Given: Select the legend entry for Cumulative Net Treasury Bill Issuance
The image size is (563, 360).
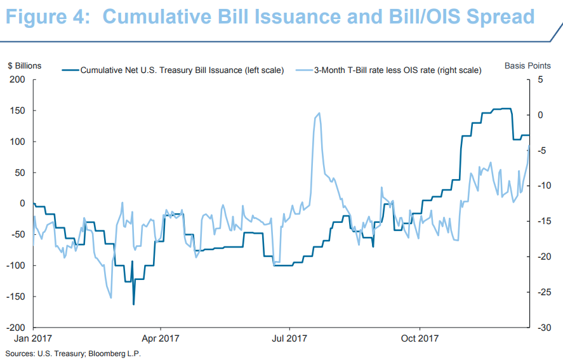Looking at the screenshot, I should [182, 70].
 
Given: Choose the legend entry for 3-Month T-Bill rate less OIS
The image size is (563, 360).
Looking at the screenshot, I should [397, 70].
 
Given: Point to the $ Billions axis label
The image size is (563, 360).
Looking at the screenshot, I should [24, 65].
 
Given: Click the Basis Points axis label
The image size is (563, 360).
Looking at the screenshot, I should [526, 65].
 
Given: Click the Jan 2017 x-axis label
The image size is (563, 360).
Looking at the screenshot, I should [33, 339].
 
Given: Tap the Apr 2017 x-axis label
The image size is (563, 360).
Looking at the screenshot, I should [161, 339].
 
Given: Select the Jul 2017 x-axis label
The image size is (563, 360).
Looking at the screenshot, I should [289, 339].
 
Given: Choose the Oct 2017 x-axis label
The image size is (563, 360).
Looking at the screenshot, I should [420, 339].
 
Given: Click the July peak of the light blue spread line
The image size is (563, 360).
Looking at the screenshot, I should [319, 114].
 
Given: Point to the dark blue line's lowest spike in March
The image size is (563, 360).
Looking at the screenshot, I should [133, 304].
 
